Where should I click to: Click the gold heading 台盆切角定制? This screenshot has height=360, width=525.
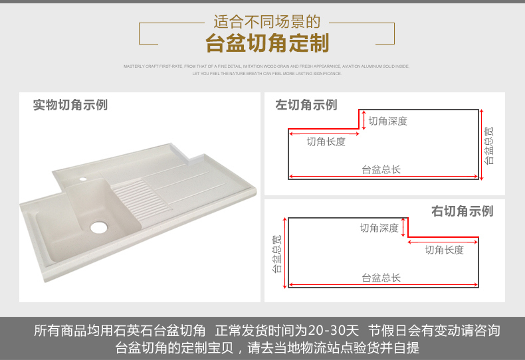pos(267,45)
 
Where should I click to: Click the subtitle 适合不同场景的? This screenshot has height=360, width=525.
pos(267,22)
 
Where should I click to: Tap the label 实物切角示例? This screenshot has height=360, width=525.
pos(70,105)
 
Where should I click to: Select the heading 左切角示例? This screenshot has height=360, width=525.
pos(306,105)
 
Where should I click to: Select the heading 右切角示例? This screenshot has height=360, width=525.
pos(463,211)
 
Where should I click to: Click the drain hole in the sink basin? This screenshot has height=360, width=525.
pos(98,227)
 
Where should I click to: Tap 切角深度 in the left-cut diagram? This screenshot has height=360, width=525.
pos(387,121)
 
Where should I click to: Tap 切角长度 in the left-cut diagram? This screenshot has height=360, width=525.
pos(326,141)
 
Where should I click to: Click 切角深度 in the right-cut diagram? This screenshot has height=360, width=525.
pos(379,228)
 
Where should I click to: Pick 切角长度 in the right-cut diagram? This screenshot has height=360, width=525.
pos(444,250)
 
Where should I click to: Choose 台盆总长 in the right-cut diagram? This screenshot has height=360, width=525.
pos(381,278)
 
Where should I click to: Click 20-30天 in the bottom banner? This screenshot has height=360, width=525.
pos(334,330)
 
